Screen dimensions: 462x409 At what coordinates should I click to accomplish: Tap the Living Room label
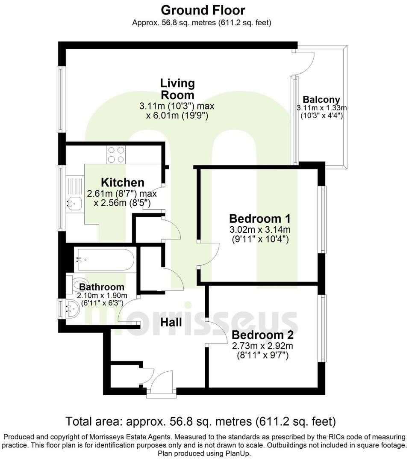tap(177, 89)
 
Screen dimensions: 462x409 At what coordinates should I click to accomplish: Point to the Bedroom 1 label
tap(259, 219)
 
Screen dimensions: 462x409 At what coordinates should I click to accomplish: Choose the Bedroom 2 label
tap(262, 335)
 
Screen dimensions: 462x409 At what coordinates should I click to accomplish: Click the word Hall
tap(171, 322)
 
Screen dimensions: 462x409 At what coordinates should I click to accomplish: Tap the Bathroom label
tap(102, 287)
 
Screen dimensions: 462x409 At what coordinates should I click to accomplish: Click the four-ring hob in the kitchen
tap(117, 154)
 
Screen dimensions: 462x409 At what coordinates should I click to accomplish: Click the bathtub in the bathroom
tap(104, 259)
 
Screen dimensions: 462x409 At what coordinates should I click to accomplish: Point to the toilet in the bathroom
tap(76, 284)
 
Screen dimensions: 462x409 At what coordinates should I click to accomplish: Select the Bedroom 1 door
tap(209, 254)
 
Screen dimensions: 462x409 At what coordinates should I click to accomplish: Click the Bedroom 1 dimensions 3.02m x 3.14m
tap(259, 230)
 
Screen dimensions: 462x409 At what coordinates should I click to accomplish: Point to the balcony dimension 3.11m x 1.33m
tap(322, 108)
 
